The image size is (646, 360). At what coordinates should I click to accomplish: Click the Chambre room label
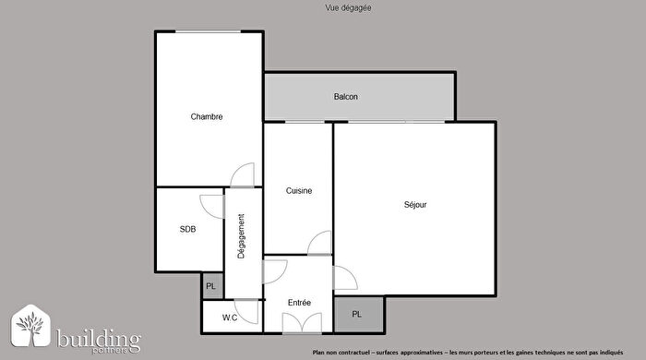pos(207,116)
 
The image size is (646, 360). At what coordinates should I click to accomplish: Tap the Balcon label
pos(346,97)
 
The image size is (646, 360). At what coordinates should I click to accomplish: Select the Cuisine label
pos(298,191)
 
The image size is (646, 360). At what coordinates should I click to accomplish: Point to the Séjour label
pos(415,204)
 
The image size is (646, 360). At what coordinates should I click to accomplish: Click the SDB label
pos(187,229)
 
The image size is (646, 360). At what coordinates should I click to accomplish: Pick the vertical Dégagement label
pos(242,236)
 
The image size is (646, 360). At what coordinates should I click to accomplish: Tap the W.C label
pos(231,318)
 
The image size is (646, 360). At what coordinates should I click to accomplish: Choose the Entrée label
pos(299,303)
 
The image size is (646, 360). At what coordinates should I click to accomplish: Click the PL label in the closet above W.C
pos(211,286)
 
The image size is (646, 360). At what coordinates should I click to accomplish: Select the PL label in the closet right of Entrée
pos(357,315)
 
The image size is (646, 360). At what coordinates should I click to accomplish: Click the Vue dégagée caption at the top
pos(323,7)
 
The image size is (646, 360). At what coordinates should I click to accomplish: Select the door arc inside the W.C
pos(246,310)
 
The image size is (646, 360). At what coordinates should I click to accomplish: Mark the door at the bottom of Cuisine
pos(319,243)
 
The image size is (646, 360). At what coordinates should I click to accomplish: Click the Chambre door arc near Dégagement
pos(242,175)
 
